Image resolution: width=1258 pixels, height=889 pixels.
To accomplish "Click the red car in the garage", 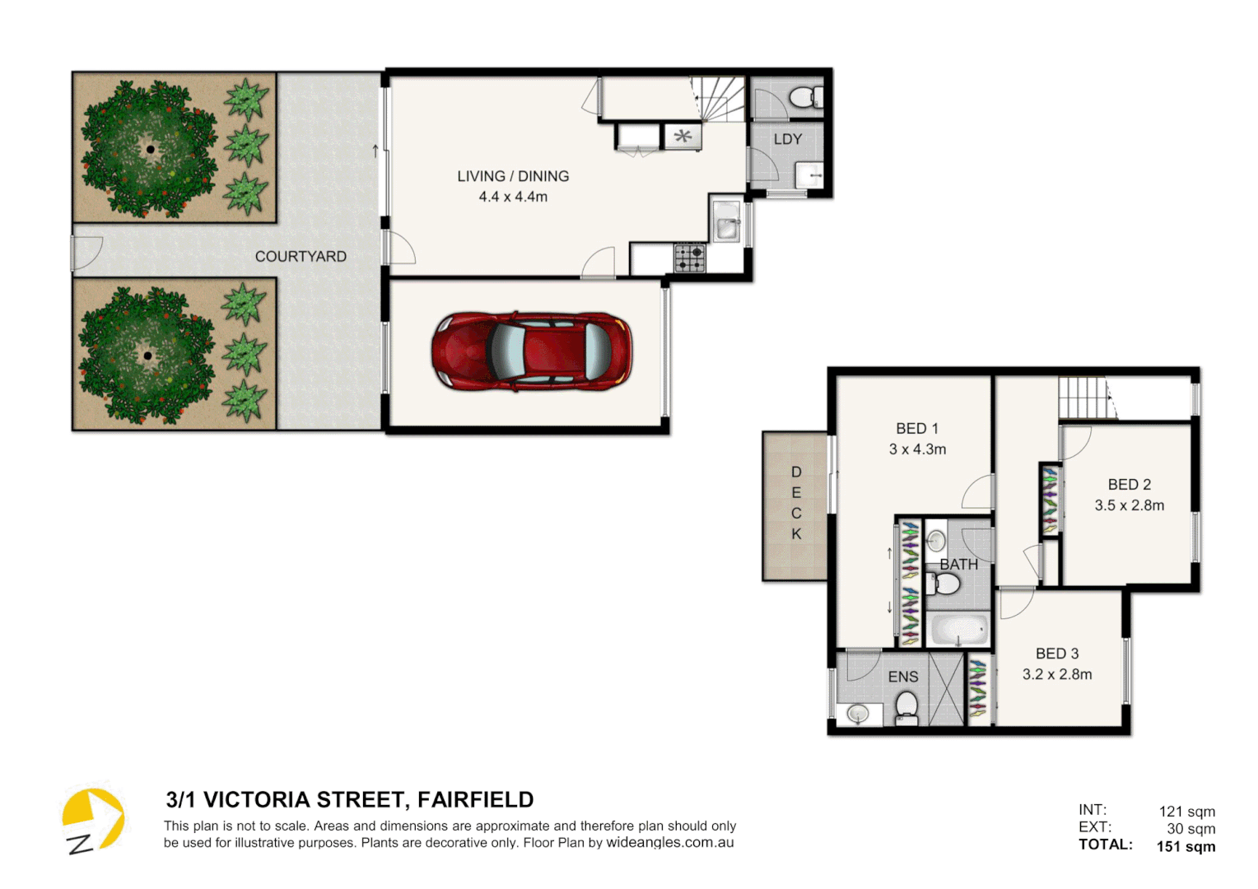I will click(532, 351).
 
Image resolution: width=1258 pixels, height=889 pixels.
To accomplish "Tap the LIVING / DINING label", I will click(513, 176).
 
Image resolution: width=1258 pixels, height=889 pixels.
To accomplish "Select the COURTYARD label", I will click(301, 257).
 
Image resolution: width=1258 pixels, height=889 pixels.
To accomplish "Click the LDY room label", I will click(787, 139).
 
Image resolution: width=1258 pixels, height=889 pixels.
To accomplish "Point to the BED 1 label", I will click(917, 429).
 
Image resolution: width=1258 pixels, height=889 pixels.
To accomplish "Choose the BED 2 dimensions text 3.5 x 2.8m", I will click(1129, 505).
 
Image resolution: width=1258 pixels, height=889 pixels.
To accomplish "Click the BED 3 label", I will click(1057, 654).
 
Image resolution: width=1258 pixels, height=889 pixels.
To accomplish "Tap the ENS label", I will click(902, 677).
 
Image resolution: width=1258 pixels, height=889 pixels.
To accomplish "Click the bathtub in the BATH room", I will click(958, 631).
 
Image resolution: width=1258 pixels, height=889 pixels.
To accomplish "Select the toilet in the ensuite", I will click(906, 706).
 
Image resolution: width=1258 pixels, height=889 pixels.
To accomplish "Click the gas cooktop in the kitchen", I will click(690, 258).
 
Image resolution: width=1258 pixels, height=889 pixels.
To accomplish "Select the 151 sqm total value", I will click(1186, 846).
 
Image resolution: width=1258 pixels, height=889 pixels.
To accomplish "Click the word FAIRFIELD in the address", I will click(475, 799).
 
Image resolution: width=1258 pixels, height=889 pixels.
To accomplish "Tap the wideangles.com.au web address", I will click(669, 843).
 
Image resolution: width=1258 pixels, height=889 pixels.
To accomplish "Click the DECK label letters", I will click(796, 503).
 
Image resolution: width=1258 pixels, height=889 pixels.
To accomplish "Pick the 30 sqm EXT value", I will click(1190, 829).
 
